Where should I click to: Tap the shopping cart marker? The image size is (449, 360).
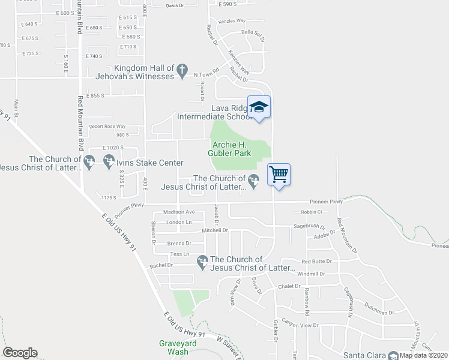(x=278, y=175)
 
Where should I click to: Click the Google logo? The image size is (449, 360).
(x=20, y=353)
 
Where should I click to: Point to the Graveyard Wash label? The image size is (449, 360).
(x=175, y=347)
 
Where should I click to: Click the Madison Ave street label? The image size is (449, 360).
(x=179, y=212)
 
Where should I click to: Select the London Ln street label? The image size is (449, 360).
(x=178, y=222)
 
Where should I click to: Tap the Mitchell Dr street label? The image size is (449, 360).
(x=215, y=230)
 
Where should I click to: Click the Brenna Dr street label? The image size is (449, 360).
(x=179, y=244)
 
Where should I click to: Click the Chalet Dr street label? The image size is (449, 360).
(x=288, y=286)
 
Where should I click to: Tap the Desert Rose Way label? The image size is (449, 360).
(x=107, y=127)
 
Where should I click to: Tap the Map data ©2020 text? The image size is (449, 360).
(x=423, y=355)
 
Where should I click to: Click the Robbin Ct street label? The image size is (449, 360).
(x=312, y=212)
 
